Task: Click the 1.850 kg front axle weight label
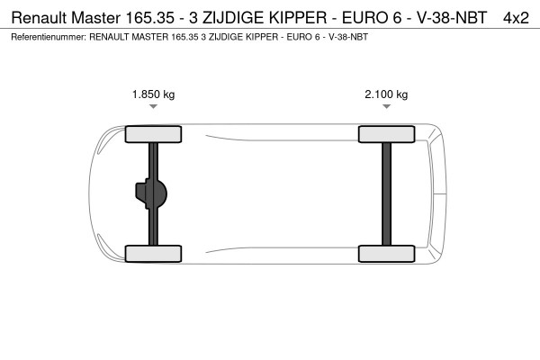click(x=154, y=94)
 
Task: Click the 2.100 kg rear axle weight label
click(x=386, y=94)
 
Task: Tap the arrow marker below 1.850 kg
click(x=154, y=106)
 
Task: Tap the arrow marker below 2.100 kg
click(x=386, y=106)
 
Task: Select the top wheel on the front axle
click(x=154, y=135)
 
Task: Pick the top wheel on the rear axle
click(x=386, y=135)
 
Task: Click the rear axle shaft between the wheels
click(x=386, y=193)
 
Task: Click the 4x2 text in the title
click(x=516, y=17)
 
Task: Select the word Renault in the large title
click(x=37, y=17)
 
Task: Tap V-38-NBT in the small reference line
click(x=346, y=37)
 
